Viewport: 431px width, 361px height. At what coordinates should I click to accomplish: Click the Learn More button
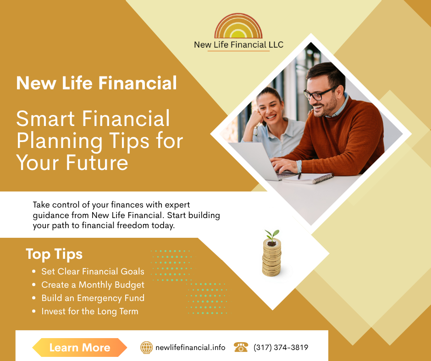79,348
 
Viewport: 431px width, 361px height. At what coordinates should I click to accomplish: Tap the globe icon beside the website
146,347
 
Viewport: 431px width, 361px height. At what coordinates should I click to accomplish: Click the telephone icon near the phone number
241,347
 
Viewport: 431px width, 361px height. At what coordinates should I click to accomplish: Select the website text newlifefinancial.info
190,348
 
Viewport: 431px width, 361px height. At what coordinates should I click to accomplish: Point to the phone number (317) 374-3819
281,348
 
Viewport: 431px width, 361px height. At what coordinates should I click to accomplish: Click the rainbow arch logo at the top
238,27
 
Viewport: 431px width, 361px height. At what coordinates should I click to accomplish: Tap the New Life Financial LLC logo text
238,45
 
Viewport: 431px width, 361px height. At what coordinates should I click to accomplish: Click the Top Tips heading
54,254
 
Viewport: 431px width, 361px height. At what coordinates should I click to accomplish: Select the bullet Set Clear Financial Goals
93,272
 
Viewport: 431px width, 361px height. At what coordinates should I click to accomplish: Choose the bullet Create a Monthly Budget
93,285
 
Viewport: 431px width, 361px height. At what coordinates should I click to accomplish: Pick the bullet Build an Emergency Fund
93,298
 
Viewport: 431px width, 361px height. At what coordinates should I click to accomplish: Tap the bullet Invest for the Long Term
89,312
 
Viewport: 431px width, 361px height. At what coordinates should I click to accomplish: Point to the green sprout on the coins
272,236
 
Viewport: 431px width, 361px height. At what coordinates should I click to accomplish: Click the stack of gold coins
272,260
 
